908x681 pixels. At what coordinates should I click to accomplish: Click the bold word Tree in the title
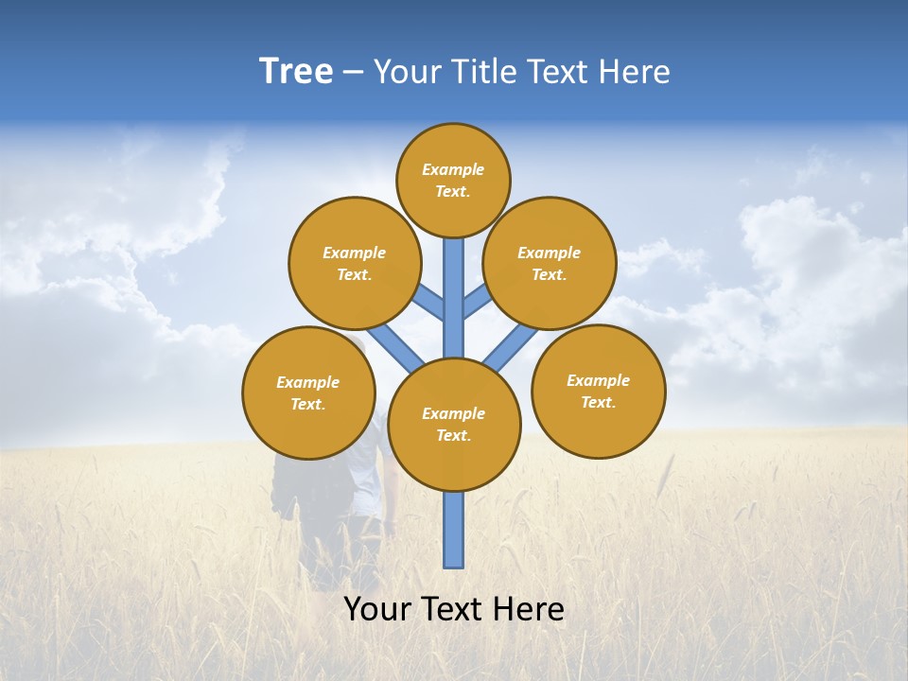(296, 71)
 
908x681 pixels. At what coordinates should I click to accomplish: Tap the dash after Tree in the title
(353, 72)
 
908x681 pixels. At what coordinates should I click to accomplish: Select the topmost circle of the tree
(453, 180)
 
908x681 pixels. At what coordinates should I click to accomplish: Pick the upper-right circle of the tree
(550, 263)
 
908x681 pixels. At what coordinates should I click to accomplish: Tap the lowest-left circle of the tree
(308, 393)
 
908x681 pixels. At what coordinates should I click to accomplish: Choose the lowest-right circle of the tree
(599, 391)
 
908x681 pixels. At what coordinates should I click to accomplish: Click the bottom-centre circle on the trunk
(454, 425)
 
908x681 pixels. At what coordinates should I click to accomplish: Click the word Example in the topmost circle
(453, 169)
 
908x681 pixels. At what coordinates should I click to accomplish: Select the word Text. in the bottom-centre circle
(453, 435)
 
